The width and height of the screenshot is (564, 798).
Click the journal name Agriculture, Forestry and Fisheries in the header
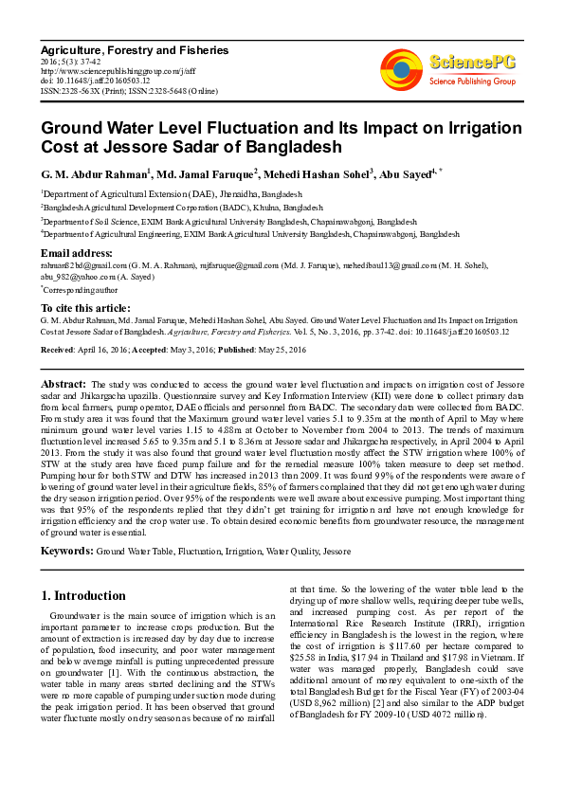tap(134, 49)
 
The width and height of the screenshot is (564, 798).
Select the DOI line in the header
tap(95, 81)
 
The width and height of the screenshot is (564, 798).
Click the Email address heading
tap(76, 253)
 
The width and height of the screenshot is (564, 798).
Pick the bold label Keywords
tap(66, 551)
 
